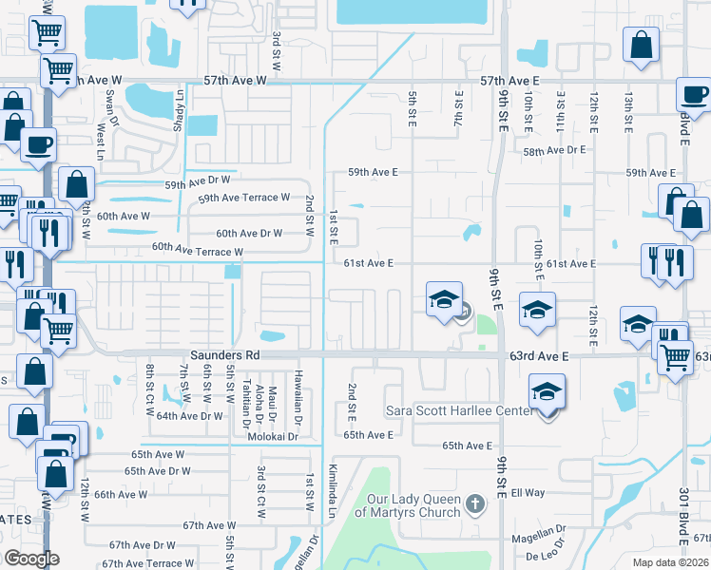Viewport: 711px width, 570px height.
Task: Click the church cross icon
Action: [x=477, y=501]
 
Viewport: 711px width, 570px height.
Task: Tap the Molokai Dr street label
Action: [x=274, y=434]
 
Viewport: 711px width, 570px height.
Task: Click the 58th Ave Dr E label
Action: [x=554, y=150]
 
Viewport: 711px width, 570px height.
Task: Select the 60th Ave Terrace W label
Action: [x=198, y=251]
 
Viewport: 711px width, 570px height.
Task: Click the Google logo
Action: [x=31, y=559]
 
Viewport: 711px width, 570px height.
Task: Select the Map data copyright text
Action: [x=668, y=562]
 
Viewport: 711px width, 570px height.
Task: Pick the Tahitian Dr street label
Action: [x=246, y=399]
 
